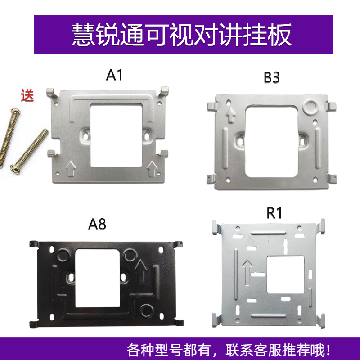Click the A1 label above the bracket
pos(114,75)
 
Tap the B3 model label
pos(271,77)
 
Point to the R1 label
pos(274,213)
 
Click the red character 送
pos(27,96)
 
